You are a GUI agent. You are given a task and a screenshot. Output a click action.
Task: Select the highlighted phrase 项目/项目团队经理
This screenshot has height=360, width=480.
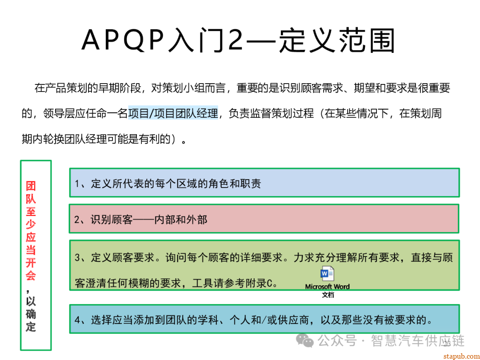tap(173, 113)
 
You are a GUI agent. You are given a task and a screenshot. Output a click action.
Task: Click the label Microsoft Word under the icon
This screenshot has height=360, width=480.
tap(327, 287)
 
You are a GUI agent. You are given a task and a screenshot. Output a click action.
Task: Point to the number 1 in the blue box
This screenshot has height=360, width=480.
tap(77, 184)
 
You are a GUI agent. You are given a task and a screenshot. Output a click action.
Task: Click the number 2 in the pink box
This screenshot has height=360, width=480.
tap(77, 220)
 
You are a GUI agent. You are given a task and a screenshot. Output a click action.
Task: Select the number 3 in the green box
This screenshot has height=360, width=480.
tap(77, 258)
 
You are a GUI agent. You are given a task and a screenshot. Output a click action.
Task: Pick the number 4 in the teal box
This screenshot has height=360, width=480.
tap(77, 320)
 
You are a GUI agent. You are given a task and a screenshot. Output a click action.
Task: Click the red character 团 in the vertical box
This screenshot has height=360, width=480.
tap(31, 186)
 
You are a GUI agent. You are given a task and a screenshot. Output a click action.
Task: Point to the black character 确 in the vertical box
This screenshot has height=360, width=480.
tap(31, 314)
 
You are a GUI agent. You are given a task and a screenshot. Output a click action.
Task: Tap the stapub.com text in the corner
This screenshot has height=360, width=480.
tap(460, 355)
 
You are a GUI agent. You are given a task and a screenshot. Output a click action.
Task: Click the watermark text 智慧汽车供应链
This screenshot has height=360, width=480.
tap(418, 341)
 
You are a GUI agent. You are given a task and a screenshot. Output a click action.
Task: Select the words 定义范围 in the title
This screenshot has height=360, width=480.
tap(336, 40)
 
